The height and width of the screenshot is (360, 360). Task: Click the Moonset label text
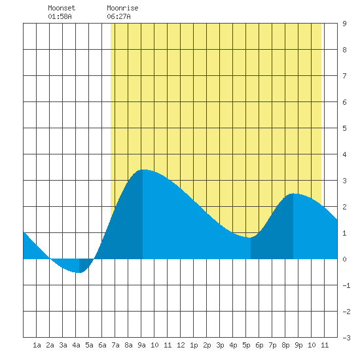[x=62, y=8]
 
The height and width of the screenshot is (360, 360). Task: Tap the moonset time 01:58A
[x=60, y=16]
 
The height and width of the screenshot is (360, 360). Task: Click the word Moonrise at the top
[x=122, y=8]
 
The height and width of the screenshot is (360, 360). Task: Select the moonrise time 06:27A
[x=118, y=16]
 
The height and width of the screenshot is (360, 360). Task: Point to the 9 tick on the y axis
[x=344, y=24]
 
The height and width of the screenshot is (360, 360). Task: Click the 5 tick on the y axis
[x=344, y=128]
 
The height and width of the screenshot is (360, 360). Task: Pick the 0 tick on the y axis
[x=344, y=259]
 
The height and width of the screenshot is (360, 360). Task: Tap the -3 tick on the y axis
[x=346, y=338]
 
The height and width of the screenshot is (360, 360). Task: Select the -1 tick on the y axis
[x=346, y=285]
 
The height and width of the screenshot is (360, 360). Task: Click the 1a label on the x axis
[x=37, y=345]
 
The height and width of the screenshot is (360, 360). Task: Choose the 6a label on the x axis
[x=102, y=345]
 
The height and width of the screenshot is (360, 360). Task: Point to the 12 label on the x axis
[x=181, y=345]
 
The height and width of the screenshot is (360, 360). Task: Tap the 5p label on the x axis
[x=246, y=345]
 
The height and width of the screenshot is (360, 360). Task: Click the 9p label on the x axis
[x=298, y=345]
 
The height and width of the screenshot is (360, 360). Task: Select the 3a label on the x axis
[x=63, y=345]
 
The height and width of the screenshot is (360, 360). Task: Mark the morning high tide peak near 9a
[x=143, y=170]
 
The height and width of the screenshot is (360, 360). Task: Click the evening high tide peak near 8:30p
[x=293, y=194]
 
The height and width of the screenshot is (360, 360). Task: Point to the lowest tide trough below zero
[x=79, y=272]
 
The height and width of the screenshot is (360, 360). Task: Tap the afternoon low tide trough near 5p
[x=251, y=238]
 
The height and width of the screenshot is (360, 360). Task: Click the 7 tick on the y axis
[x=344, y=76]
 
